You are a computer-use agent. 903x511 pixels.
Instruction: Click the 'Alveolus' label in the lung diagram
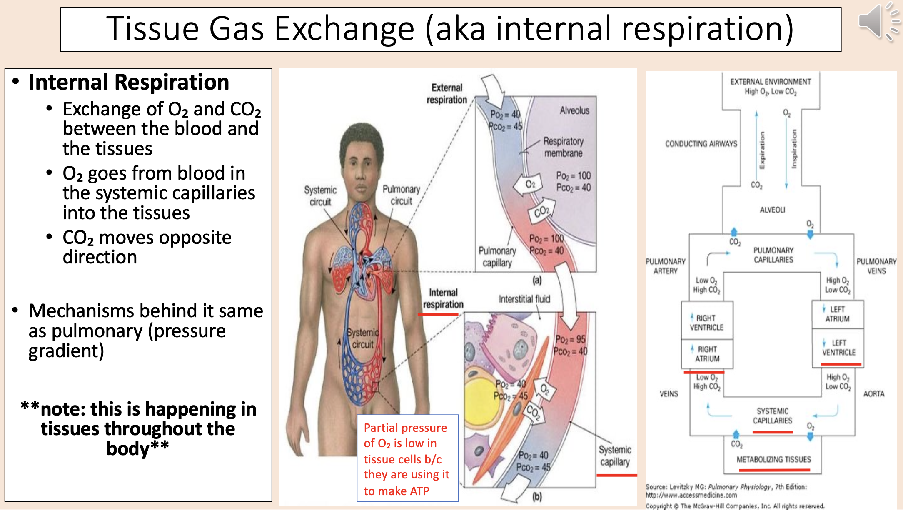click(x=574, y=110)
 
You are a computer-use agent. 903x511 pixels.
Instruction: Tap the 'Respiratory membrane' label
click(x=563, y=147)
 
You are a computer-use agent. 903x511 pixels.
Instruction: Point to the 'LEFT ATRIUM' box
click(x=838, y=314)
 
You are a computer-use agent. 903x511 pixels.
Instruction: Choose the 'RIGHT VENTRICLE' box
click(x=706, y=323)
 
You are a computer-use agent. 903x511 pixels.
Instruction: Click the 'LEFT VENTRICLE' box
click(x=838, y=348)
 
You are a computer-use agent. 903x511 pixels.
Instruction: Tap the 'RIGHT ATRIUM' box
click(x=707, y=354)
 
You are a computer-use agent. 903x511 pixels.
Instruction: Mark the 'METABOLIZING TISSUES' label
click(x=773, y=459)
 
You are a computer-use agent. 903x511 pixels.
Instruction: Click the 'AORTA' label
click(x=873, y=394)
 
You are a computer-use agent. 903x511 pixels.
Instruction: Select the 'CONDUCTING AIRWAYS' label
click(x=701, y=144)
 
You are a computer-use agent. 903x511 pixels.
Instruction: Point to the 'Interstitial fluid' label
click(x=524, y=299)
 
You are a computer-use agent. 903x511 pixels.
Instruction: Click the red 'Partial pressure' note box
click(x=407, y=458)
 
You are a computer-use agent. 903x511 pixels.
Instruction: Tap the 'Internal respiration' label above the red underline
click(x=443, y=298)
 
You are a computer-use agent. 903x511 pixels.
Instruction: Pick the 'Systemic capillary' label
click(x=615, y=456)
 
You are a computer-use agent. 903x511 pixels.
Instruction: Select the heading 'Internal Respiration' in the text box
click(x=129, y=82)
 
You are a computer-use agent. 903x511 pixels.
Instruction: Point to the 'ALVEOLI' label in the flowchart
click(x=772, y=210)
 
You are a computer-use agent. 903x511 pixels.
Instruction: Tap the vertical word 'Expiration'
click(x=762, y=150)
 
